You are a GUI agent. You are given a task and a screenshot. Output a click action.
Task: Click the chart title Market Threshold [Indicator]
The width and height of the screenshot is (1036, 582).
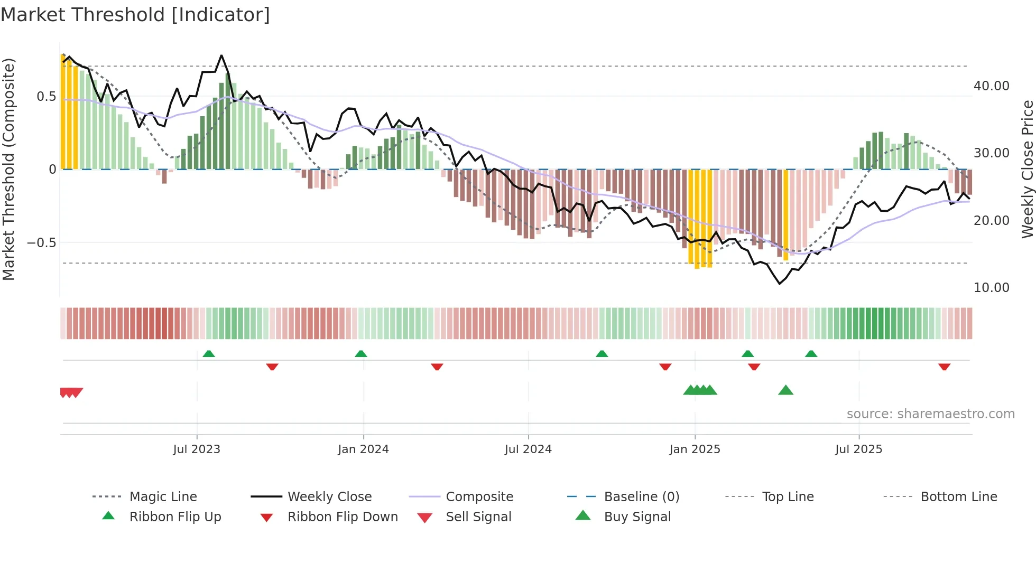coord(135,15)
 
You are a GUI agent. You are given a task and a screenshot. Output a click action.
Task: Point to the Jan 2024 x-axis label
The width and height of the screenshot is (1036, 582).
coord(363,449)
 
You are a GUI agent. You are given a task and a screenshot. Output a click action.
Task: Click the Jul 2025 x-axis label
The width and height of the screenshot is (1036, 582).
coord(858,449)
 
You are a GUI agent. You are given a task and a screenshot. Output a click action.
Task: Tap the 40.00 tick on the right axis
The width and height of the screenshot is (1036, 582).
coord(991,86)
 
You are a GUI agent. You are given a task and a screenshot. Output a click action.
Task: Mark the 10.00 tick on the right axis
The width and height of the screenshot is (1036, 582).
coord(991,288)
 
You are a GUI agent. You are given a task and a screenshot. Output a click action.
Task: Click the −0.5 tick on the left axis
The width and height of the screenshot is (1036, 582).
coord(41,243)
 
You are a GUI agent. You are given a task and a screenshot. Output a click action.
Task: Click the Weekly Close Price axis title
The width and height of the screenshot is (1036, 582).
coord(1027,169)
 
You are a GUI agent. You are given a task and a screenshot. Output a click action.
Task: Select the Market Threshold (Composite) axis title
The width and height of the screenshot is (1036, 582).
coord(8,169)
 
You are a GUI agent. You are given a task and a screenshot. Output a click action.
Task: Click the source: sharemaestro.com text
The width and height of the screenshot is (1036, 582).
coord(930,414)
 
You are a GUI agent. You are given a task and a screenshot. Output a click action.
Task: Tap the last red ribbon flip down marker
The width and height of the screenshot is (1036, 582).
coord(944,367)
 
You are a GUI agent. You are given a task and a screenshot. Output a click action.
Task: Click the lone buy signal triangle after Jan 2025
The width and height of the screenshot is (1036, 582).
coord(785,390)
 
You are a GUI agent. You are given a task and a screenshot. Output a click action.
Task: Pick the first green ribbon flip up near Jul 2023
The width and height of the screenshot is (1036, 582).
coord(209,353)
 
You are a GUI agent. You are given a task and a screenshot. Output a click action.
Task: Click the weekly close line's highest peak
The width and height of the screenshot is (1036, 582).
coord(221,55)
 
